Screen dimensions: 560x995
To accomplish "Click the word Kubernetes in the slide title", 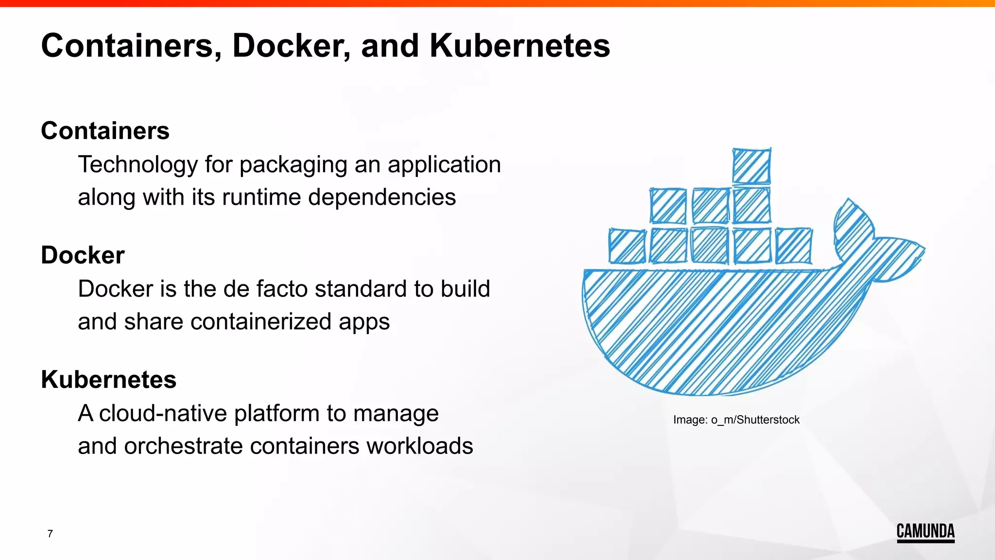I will [519, 46].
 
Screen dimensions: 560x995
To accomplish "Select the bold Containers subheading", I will [105, 131].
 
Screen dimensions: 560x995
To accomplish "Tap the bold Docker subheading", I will [83, 255].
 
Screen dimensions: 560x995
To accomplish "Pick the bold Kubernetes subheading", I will [108, 380].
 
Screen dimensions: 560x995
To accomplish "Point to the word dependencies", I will [382, 197].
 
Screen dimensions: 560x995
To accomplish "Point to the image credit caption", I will [736, 420].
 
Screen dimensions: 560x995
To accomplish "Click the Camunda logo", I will [926, 532].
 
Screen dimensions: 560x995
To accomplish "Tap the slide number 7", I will [50, 534].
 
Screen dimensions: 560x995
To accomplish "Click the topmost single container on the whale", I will [752, 166].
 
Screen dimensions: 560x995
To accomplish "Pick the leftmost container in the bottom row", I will [627, 246].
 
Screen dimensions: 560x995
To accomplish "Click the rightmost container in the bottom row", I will [794, 246].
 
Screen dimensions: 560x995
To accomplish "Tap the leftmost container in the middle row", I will [669, 206].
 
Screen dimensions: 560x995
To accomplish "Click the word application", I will [444, 165].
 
